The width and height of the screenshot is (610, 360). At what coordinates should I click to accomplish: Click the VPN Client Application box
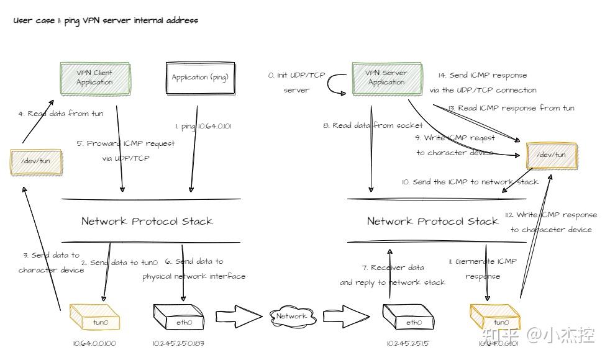tap(95, 78)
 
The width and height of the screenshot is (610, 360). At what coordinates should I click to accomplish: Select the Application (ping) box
tap(200, 78)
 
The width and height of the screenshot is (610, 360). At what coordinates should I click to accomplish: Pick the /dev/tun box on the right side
tap(550, 155)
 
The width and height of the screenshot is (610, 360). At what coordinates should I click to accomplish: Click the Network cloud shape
tap(291, 316)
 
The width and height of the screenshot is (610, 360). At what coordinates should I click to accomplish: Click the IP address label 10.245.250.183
tap(178, 343)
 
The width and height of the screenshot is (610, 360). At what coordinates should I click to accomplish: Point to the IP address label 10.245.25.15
tap(407, 343)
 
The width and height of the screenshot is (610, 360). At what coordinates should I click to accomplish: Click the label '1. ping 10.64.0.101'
tap(203, 126)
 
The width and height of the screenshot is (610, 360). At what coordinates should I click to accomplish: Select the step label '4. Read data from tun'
tap(60, 114)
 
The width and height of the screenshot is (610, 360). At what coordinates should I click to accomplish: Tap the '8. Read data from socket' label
tap(373, 125)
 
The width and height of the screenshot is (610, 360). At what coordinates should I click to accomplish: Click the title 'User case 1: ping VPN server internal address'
tap(106, 20)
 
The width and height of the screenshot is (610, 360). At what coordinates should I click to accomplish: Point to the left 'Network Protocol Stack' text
tap(147, 221)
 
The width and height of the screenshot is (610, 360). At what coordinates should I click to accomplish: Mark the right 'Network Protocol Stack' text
tap(432, 221)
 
